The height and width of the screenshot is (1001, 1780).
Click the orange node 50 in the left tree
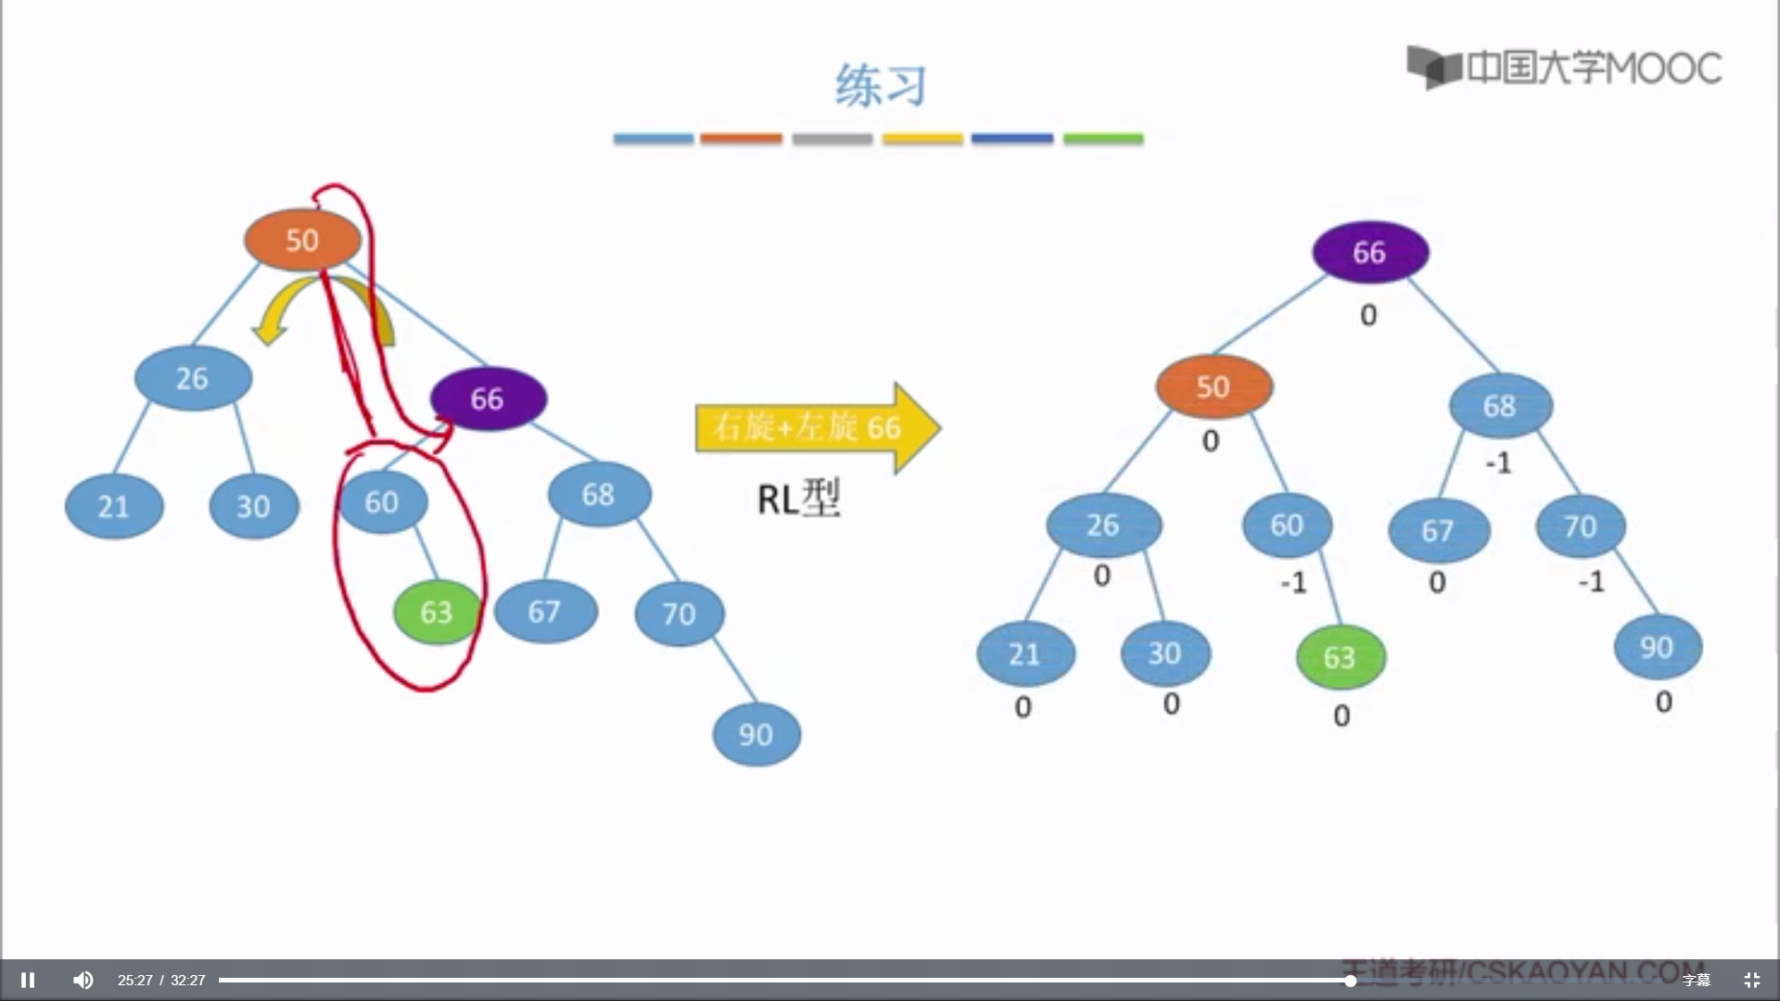click(302, 241)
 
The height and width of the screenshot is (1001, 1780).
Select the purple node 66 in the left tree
click(488, 399)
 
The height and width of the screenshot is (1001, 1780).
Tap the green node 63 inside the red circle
click(437, 612)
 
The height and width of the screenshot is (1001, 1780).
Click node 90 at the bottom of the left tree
click(756, 735)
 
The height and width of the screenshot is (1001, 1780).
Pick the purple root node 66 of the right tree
click(1369, 253)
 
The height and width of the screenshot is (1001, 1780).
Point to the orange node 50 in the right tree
click(1213, 386)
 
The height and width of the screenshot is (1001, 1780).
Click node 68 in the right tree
click(1499, 406)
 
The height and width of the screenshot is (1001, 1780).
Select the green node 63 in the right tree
click(1340, 657)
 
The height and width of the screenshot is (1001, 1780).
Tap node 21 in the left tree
click(114, 507)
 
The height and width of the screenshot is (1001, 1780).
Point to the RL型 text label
click(798, 500)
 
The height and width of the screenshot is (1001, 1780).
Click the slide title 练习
click(880, 86)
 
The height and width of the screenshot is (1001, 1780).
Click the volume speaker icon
click(83, 980)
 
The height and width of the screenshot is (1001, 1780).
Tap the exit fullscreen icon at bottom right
click(1751, 980)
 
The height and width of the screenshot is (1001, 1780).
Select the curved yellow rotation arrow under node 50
click(278, 315)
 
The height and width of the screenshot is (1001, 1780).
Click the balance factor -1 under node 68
click(1498, 462)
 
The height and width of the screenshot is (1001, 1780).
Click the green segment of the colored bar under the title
click(1102, 139)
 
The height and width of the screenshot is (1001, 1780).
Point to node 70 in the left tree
click(679, 614)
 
